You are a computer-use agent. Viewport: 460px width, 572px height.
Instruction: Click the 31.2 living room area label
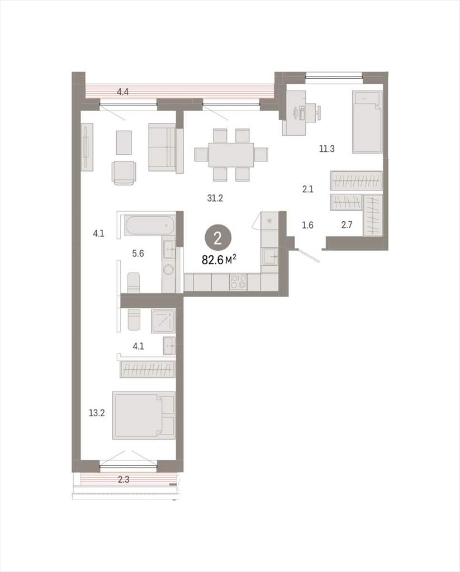coord(215,198)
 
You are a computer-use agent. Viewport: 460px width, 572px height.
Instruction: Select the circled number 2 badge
coord(218,239)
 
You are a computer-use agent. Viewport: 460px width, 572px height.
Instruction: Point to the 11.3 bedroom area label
coord(327,149)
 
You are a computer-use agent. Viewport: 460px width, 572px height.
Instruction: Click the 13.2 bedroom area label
coord(97,413)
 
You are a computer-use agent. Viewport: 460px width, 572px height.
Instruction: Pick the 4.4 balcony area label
coord(122,92)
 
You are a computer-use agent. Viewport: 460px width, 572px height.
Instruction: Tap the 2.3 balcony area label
coord(124,479)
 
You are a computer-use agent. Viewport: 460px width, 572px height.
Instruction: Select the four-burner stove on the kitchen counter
coord(238,282)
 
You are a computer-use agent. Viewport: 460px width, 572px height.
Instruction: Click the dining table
coord(231,155)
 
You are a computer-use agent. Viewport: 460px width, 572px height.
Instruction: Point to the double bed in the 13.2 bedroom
coord(144,415)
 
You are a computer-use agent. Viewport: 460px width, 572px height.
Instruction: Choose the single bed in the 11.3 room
coord(367,122)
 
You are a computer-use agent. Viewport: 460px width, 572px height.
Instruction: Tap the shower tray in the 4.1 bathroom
coord(164,321)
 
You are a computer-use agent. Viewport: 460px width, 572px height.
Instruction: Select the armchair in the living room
coord(124,173)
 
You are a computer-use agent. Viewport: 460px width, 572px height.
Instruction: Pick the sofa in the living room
coord(166,147)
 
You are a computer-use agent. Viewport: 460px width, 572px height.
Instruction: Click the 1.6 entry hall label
coord(307,225)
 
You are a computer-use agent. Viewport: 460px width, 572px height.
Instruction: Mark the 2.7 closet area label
coord(347,225)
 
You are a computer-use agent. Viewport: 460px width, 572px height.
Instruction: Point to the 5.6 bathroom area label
coord(138,253)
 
